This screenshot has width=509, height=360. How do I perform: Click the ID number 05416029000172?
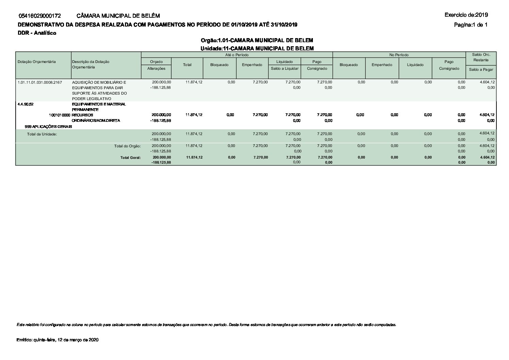[40, 16]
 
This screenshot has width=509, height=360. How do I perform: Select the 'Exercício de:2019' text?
[466, 15]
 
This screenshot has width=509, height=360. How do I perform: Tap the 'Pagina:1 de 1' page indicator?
[471, 24]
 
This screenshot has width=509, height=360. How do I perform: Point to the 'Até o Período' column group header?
[237, 55]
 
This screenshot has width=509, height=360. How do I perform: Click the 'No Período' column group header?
[399, 55]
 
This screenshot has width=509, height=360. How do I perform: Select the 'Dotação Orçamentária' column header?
[37, 62]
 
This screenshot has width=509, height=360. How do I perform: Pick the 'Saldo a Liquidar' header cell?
[285, 68]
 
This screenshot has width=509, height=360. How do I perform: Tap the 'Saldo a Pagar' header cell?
[481, 69]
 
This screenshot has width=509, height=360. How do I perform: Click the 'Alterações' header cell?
[156, 68]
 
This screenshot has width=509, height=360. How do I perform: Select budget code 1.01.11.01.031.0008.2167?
[39, 82]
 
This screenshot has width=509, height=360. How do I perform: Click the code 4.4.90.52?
[26, 104]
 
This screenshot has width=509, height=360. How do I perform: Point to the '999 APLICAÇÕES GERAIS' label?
[48, 127]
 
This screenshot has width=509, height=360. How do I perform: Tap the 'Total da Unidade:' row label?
[42, 134]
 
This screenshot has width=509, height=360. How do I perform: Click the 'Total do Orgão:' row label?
[127, 146]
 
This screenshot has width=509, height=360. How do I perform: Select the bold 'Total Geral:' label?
[130, 158]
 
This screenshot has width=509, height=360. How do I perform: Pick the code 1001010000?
[60, 115]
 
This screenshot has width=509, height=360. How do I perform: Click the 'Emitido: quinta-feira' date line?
[58, 340]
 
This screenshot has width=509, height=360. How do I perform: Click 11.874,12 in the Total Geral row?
[194, 157]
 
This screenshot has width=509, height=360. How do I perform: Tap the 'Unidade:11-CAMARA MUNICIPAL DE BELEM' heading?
[257, 48]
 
